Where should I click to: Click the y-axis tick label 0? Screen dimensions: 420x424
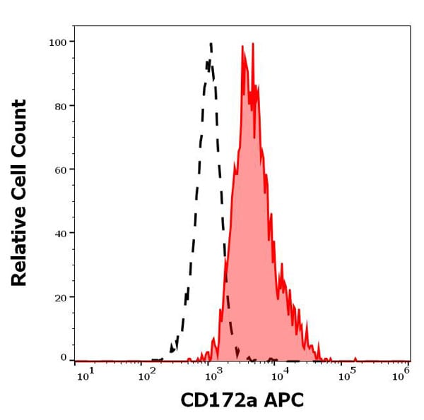click(62, 358)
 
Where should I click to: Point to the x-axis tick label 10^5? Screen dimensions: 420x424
click(346, 374)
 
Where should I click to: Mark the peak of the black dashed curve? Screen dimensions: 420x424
click(211, 44)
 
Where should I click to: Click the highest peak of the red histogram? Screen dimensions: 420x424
click(252, 44)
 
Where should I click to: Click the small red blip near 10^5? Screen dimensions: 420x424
click(355, 357)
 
